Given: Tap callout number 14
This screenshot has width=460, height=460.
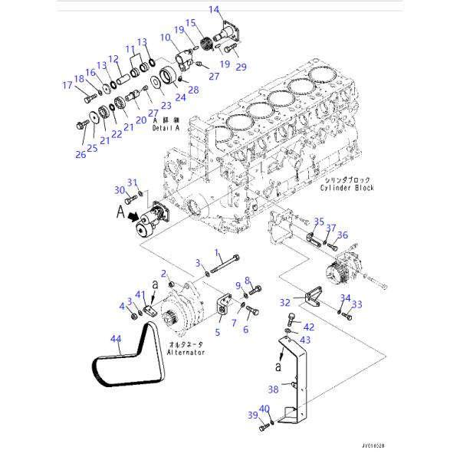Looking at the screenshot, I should coord(215,10).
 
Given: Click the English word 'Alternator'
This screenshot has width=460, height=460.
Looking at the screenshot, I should coord(187,353).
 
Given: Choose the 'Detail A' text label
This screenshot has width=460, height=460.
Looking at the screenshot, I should coord(166,129).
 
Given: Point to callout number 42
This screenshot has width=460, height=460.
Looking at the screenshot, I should coord(308,327).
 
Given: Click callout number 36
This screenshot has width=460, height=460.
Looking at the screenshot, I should coord(342,235).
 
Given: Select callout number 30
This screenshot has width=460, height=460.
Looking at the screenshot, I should coord(119,189).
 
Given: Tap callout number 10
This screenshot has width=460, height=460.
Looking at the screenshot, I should coord(165,38).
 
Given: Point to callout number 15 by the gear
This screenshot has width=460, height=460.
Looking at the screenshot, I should coord(190,23).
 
